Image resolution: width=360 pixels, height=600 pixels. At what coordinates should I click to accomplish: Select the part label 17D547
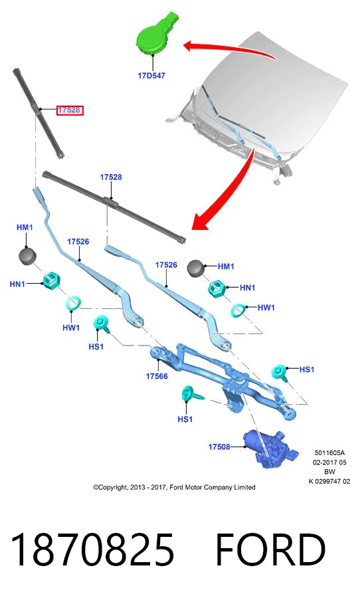click(151, 76)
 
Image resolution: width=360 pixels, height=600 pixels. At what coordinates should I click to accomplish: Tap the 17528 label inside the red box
click(69, 110)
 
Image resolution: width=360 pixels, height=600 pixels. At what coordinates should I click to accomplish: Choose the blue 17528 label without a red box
click(111, 177)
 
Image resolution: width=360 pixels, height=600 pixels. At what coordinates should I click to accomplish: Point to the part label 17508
click(219, 447)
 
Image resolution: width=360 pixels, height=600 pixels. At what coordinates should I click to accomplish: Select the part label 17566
click(157, 376)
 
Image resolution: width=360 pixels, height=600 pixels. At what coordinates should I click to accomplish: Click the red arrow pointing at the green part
click(230, 50)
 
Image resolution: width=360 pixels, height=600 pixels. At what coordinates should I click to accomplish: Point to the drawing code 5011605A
click(329, 453)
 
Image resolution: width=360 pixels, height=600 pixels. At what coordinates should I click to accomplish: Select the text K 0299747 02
click(329, 481)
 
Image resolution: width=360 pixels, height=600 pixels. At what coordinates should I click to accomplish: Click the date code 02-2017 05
click(329, 462)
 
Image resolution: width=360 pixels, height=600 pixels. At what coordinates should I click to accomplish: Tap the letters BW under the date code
click(329, 472)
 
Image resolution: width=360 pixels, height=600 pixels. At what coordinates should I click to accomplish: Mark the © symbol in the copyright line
click(96, 488)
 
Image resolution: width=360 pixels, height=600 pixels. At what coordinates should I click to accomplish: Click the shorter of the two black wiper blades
click(38, 113)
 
